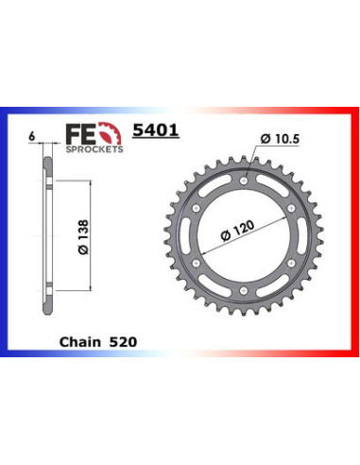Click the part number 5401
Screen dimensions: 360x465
point(156,130)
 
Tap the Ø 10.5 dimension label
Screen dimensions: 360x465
point(280,139)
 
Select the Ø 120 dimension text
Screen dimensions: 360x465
point(237,231)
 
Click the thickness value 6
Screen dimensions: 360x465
point(31,137)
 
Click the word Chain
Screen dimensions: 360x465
point(80,342)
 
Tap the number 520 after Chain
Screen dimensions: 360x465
point(123,342)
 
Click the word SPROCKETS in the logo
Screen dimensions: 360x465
point(94,149)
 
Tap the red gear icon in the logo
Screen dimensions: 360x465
point(110,133)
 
